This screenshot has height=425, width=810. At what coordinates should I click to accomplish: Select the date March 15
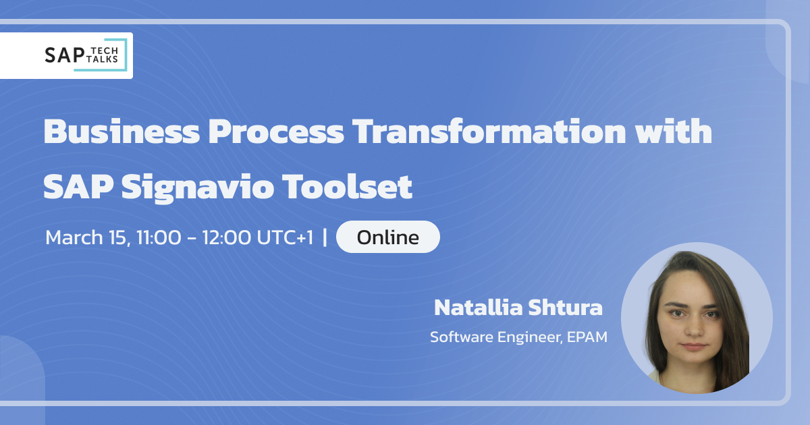coord(85,237)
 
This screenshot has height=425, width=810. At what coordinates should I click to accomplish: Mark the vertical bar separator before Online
coord(326,237)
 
